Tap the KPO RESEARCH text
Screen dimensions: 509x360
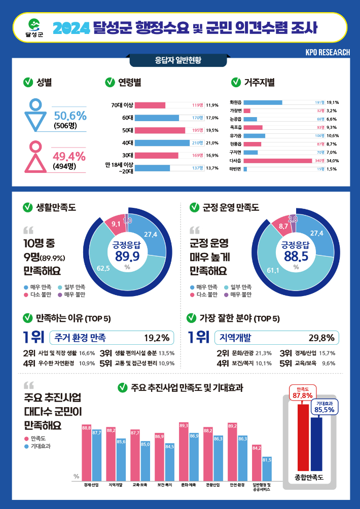[328, 53]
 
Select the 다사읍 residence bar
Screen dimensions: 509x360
[277, 161]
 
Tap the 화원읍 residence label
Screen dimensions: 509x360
[236, 102]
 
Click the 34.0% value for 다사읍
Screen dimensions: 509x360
[333, 161]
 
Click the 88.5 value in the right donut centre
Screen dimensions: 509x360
[296, 257]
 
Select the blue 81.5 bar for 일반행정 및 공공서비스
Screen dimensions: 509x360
[267, 468]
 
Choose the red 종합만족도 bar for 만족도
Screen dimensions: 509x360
[303, 437]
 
